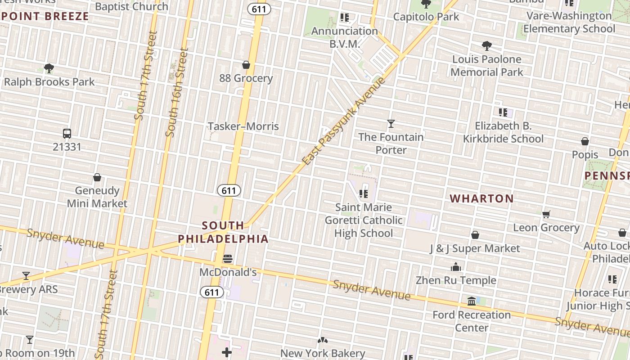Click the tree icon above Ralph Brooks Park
pos(49,68)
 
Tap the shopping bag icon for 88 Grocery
pos(246,65)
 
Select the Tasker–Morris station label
pos(243,126)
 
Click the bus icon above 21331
pos(67,134)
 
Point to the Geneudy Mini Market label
pos(97,197)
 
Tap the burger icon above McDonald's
pos(228,259)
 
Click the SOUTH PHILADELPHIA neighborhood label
pos(223,232)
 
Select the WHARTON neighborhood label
pos(481,198)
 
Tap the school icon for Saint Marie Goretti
pos(364,194)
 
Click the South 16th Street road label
pos(176,93)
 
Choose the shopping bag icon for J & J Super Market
pos(475,235)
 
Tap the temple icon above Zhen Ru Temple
pos(456,267)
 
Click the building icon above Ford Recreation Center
pos(472,301)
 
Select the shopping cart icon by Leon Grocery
pos(546,214)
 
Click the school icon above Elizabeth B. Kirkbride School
pos(503,112)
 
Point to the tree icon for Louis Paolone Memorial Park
pos(486,45)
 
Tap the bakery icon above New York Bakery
pos(322,340)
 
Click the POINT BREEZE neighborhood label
pos(45,17)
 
